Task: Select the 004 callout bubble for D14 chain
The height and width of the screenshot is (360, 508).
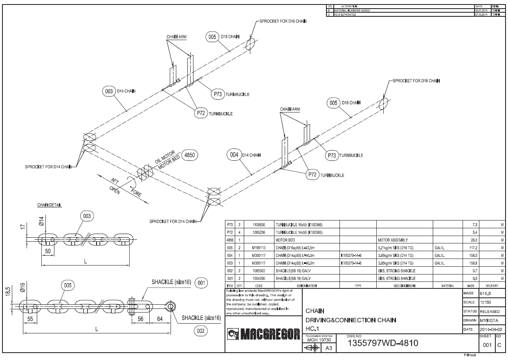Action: (x=234, y=155)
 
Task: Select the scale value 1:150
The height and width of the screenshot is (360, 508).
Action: (x=485, y=302)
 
